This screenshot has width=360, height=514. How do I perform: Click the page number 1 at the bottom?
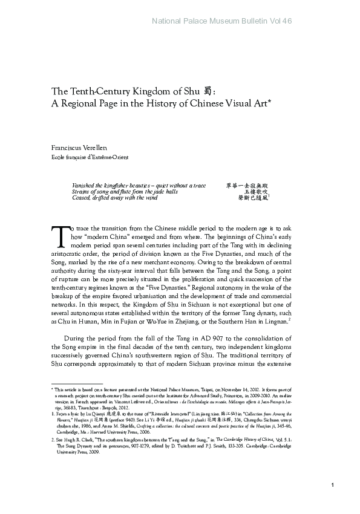[334, 503]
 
